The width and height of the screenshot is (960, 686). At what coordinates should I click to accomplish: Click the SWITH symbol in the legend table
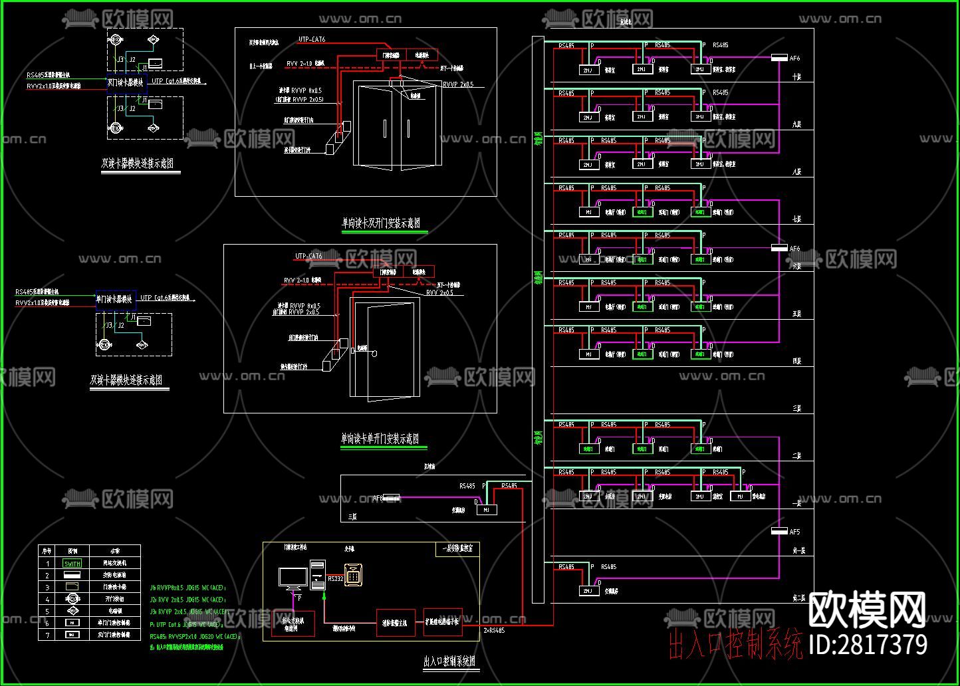click(72, 563)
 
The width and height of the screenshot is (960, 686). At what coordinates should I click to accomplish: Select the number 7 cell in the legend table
click(47, 635)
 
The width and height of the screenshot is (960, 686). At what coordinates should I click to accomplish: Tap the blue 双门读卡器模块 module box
click(126, 82)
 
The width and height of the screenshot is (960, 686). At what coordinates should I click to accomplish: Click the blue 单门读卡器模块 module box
click(116, 299)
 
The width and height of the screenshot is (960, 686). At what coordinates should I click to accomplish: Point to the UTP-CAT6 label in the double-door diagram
click(312, 40)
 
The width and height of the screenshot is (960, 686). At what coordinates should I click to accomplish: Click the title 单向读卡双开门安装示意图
click(381, 223)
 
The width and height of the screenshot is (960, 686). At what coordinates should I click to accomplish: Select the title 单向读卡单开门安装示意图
click(380, 439)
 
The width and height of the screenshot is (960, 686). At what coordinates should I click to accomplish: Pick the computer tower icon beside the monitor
click(317, 576)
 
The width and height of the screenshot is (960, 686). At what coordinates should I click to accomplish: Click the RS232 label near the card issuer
click(335, 579)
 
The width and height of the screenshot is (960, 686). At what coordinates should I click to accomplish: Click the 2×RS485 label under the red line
click(494, 630)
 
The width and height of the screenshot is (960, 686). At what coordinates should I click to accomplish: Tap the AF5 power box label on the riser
click(794, 532)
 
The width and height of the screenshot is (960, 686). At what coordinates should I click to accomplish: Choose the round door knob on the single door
click(374, 354)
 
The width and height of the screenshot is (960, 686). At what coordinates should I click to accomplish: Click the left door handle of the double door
click(385, 128)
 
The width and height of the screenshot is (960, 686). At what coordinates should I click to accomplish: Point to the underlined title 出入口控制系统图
click(450, 661)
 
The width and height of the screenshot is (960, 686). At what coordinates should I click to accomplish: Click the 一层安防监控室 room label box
click(457, 549)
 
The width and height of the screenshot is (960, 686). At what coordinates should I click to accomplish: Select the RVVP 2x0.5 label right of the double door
click(458, 85)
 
